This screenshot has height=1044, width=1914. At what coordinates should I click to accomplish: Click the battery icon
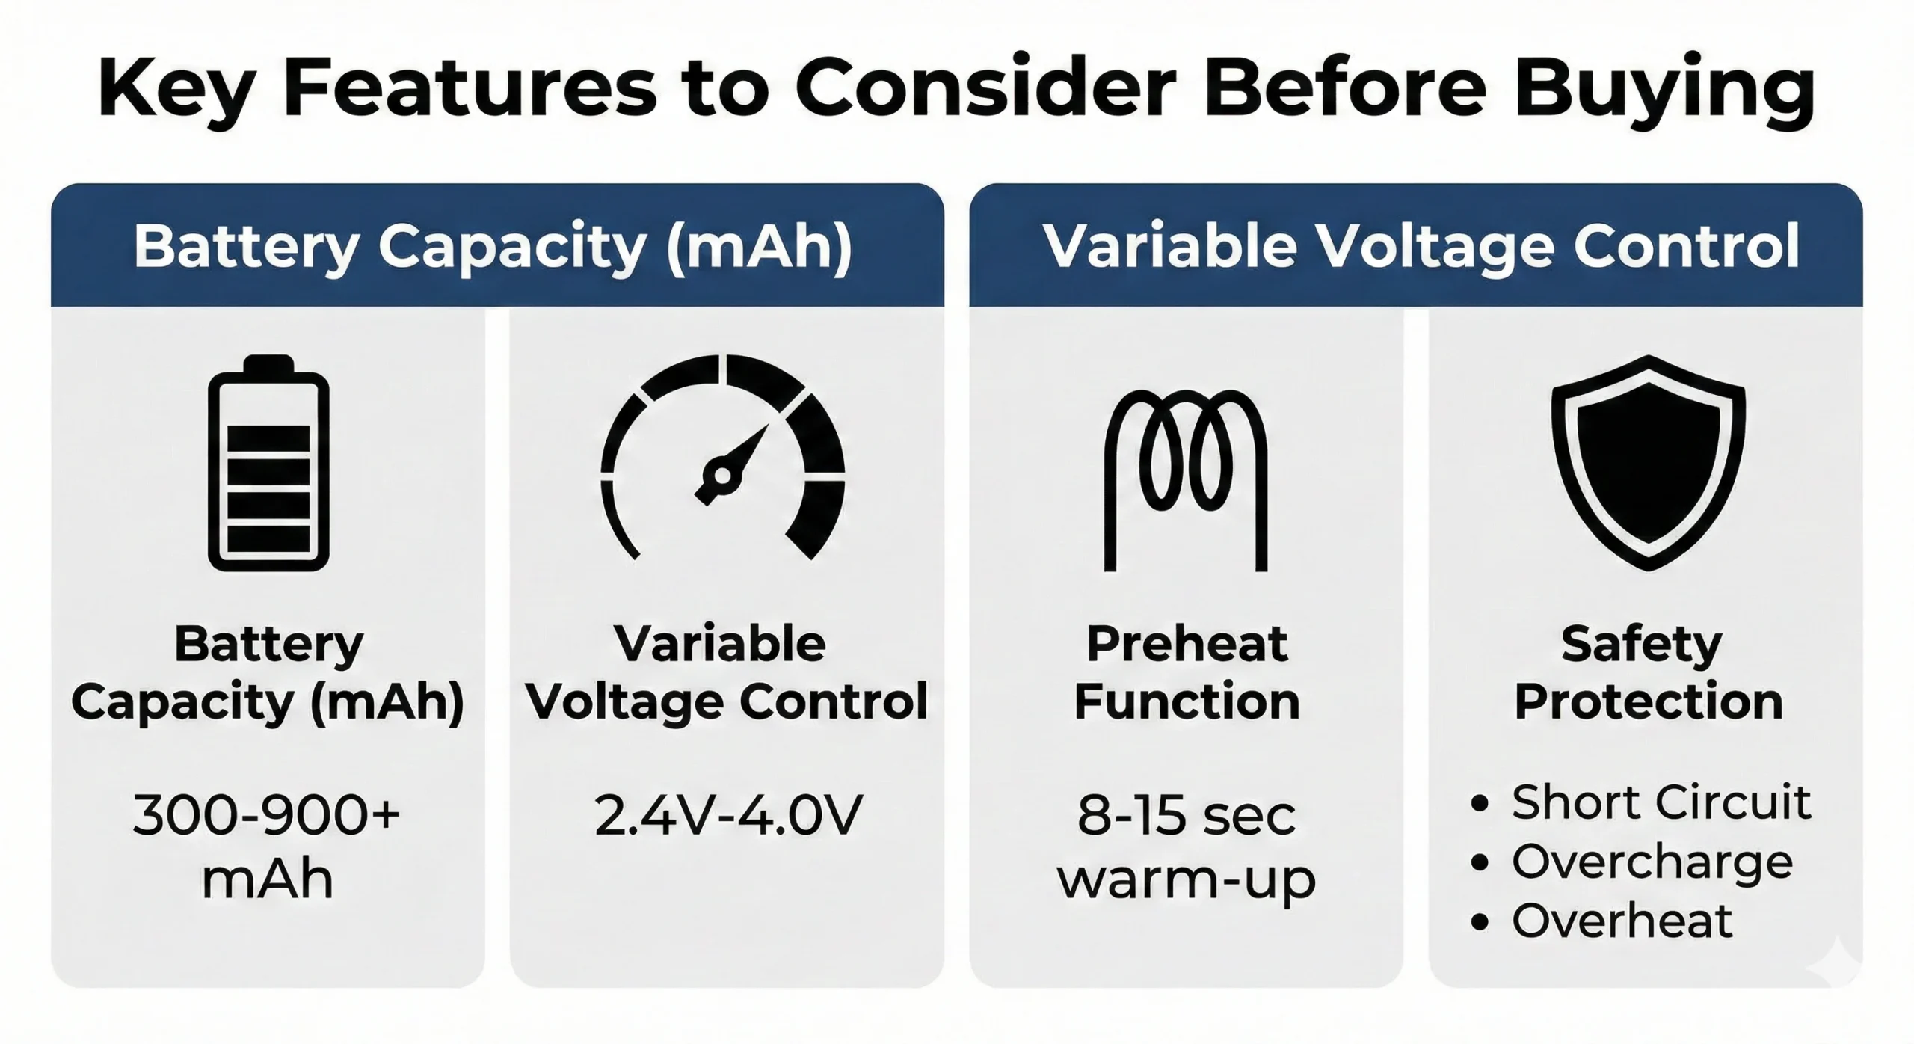268,464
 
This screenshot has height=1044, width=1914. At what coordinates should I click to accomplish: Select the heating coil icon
1186,479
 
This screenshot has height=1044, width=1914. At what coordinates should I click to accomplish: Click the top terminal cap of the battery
268,364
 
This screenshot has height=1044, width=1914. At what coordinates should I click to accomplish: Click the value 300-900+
267,814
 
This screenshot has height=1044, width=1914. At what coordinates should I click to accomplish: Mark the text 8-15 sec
1186,814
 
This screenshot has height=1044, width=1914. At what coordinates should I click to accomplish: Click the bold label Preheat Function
1187,672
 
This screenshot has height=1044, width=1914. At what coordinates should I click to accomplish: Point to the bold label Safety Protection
1648,672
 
